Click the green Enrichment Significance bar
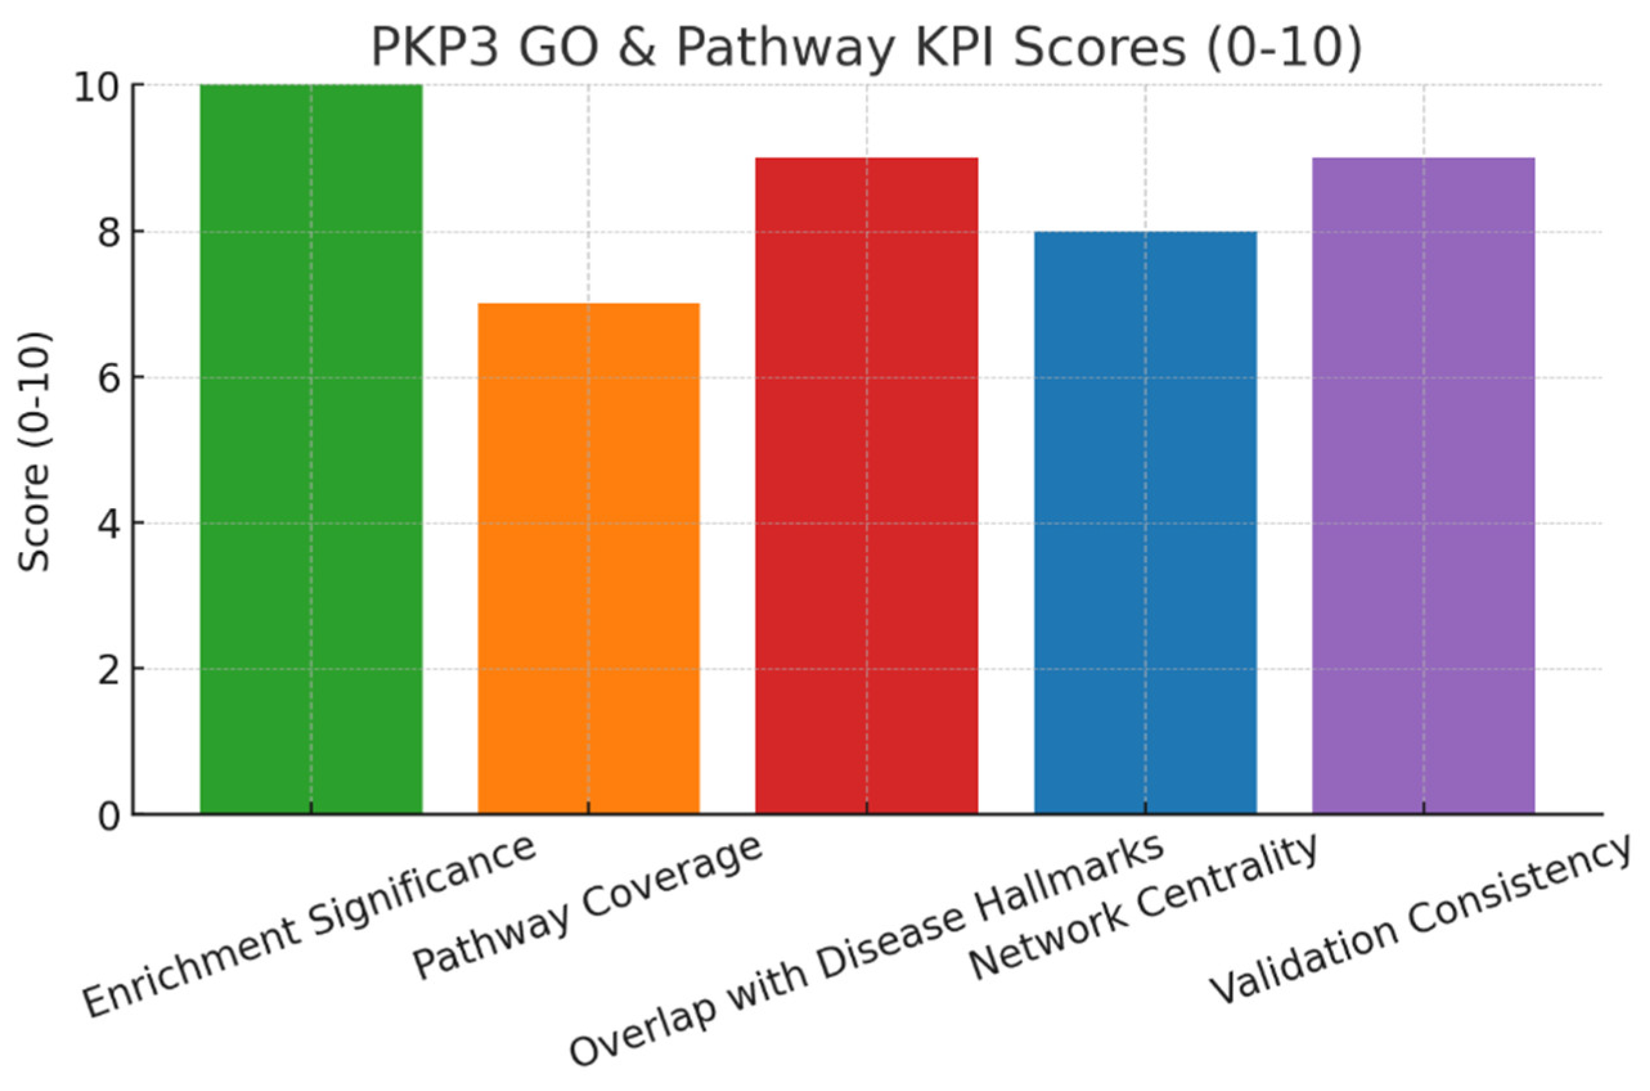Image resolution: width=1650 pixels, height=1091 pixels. coord(311,448)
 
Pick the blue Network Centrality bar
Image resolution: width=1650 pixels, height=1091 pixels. coord(1145,522)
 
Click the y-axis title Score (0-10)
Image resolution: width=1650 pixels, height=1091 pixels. coord(35,452)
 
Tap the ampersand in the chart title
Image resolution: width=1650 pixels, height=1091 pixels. coord(635,48)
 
